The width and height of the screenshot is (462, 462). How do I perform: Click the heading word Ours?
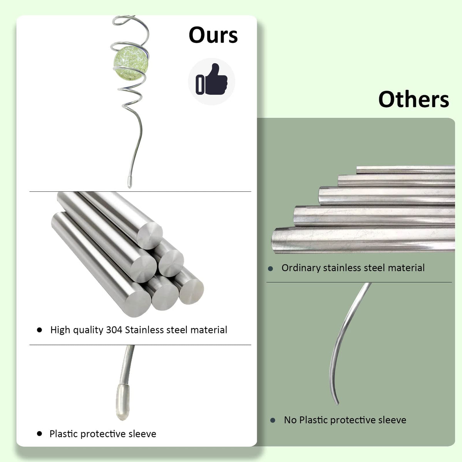click(x=213, y=35)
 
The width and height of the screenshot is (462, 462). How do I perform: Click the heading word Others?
click(x=413, y=99)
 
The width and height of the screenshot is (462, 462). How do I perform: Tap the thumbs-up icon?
click(x=211, y=79)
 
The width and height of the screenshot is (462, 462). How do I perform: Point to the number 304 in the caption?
click(x=114, y=330)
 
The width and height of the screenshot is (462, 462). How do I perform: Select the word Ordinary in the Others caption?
click(x=301, y=268)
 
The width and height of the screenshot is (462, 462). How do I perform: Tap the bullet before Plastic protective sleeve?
click(x=40, y=434)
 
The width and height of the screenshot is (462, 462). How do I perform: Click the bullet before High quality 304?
click(x=40, y=330)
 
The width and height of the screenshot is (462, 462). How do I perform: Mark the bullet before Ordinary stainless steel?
click(x=270, y=268)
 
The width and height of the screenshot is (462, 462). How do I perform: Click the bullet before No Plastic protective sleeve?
click(x=273, y=420)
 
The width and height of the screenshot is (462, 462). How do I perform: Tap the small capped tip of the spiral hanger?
click(x=129, y=182)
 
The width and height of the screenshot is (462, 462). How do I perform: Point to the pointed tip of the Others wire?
click(x=338, y=404)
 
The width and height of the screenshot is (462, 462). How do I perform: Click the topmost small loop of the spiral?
click(x=123, y=20)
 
